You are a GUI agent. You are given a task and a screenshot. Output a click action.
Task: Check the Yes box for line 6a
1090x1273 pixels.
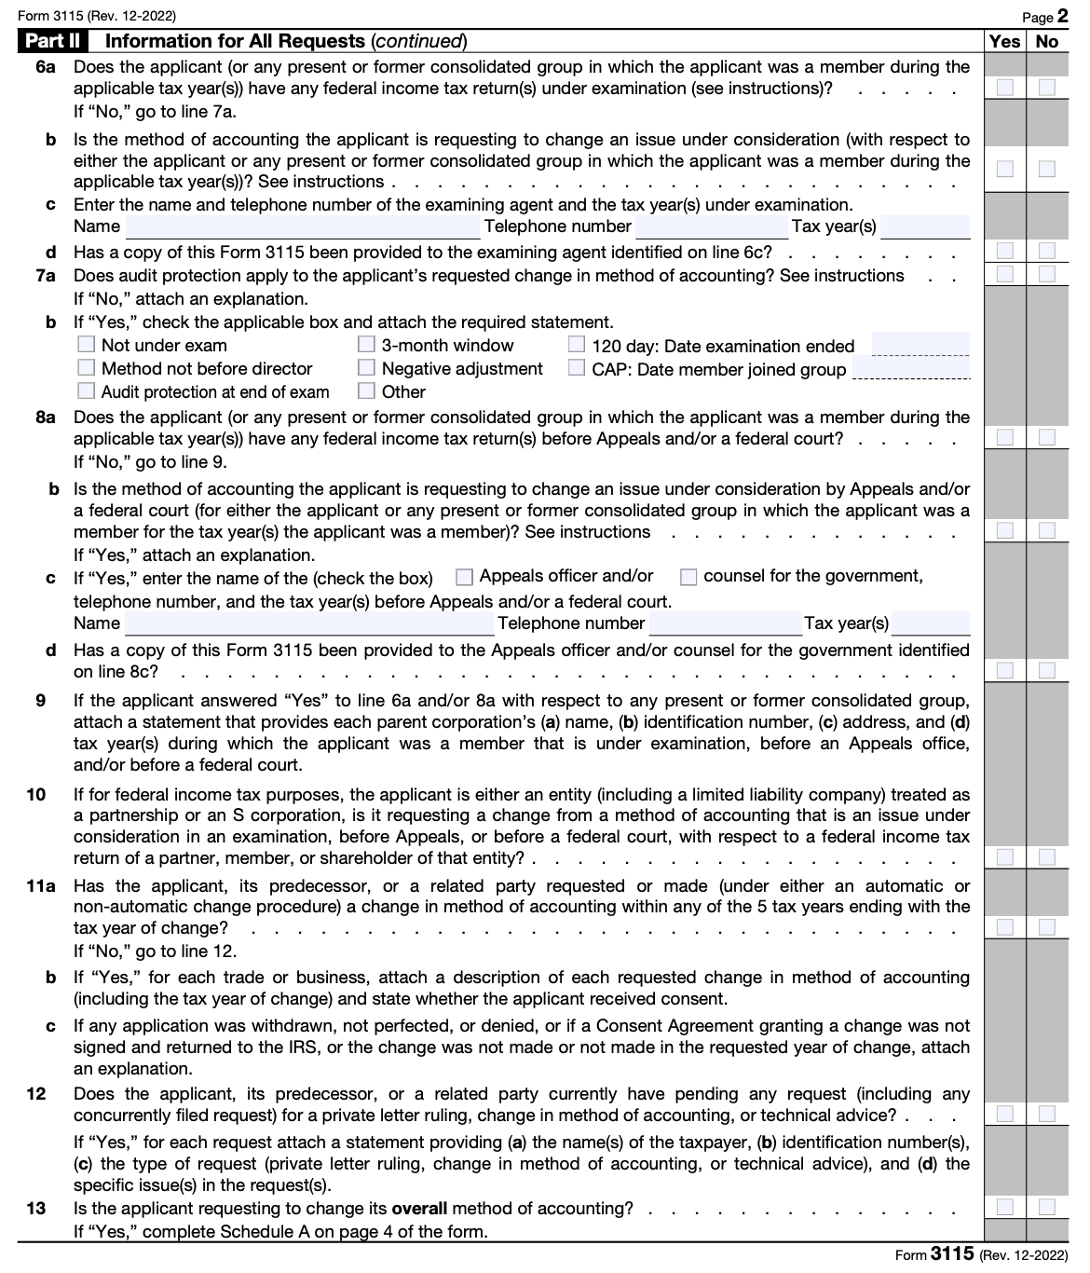point(1004,88)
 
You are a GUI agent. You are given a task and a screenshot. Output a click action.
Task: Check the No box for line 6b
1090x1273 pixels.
point(1047,169)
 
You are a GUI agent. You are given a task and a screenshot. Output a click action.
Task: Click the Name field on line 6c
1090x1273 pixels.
point(303,226)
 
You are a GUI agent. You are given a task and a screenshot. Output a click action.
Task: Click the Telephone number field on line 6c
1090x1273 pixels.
point(712,226)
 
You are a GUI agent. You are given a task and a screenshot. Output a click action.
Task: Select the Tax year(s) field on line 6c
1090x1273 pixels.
point(924,226)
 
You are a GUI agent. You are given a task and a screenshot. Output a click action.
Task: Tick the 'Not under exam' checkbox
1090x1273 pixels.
point(87,345)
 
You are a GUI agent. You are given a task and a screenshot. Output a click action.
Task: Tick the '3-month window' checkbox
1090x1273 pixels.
point(367,345)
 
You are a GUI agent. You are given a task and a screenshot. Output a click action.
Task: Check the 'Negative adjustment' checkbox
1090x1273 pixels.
point(367,368)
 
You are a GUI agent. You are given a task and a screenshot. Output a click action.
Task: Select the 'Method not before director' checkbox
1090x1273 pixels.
point(87,368)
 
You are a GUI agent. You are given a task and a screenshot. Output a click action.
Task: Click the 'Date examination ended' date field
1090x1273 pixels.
point(920,345)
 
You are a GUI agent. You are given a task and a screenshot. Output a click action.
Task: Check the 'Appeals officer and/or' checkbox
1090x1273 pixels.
point(464,577)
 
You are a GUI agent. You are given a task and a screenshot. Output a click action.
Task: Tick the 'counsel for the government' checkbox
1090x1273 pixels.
point(688,577)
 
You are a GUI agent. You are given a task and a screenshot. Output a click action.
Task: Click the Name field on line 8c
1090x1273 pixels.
point(309,623)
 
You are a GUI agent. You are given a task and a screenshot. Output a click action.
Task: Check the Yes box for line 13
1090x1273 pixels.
point(1004,1208)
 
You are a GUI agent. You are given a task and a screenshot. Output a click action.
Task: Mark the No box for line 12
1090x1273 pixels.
point(1047,1114)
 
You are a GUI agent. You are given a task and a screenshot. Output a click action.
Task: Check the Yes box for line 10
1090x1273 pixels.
point(1004,856)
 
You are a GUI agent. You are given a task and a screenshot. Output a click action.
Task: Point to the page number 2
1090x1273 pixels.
point(1061,17)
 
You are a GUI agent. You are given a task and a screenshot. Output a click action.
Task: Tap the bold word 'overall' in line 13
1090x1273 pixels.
point(419,1209)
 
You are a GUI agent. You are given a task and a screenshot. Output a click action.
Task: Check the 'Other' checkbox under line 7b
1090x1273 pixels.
point(367,391)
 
